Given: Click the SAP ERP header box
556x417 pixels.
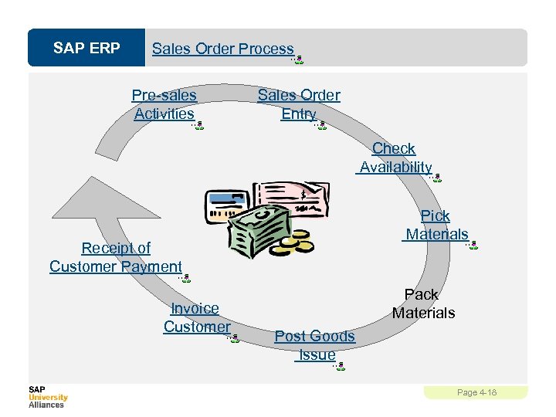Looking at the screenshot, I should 86,49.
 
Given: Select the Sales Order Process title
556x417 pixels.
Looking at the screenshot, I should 222,49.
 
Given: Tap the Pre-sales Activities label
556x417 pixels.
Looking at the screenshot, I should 164,104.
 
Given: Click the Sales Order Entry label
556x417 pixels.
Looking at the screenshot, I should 299,104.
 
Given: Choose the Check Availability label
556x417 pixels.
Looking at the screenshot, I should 395,158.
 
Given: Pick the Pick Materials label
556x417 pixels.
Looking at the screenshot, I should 436,225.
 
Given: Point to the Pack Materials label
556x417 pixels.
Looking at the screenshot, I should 423,303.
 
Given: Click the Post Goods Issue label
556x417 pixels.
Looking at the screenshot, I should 315,345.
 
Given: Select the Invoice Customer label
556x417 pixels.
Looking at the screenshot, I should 196,317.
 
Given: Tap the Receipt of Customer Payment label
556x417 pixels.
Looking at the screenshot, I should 116,257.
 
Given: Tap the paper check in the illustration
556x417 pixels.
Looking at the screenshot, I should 297,201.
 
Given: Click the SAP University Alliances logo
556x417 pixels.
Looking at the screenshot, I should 48,396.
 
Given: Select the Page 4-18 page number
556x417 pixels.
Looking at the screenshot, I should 476,393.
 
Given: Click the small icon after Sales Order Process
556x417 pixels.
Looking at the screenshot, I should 298,59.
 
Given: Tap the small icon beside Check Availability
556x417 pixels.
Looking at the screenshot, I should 436,178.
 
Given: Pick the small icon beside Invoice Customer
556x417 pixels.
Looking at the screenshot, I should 233,337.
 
